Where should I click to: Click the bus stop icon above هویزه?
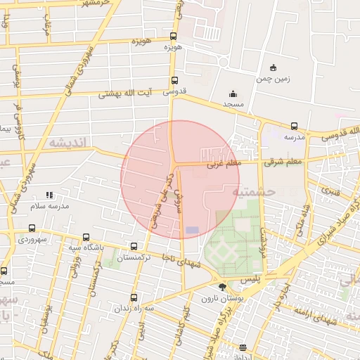point(174,37)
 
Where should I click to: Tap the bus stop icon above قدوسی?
point(174,81)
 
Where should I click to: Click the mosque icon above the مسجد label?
point(233,94)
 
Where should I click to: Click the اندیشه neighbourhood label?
point(67,143)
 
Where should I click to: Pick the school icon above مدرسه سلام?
point(49,195)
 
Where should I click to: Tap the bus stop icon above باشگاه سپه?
point(86,237)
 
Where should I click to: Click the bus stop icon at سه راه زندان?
point(134,297)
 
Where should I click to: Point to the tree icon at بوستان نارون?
point(222,287)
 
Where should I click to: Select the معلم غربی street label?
point(224,164)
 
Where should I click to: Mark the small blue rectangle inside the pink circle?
point(192,231)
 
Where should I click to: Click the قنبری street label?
point(330,189)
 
